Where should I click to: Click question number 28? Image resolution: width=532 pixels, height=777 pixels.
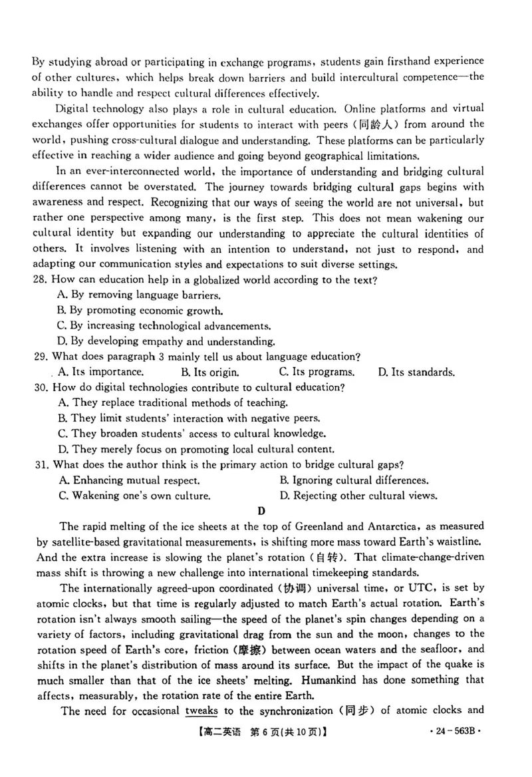40,279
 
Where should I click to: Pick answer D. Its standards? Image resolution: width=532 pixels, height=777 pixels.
416,372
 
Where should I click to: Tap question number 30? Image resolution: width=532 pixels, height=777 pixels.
40,387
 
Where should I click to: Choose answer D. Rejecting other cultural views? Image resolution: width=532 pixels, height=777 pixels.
358,495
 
